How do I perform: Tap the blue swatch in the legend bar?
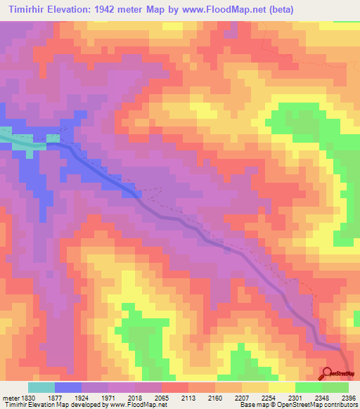click(68, 388)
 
